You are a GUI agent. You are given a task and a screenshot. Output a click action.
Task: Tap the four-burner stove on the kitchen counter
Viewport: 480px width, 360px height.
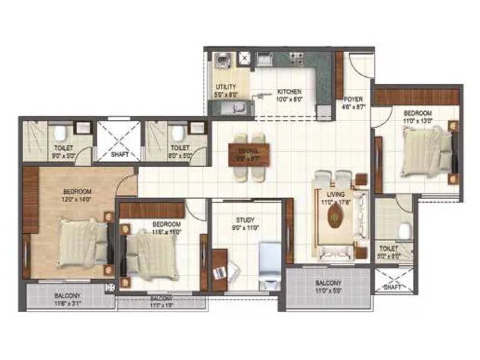(x=296, y=58)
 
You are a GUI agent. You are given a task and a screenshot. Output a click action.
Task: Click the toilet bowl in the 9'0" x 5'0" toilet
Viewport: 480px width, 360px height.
(x=60, y=133)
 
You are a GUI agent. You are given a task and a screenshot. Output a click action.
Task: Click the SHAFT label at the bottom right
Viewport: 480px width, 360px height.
(x=391, y=287)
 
